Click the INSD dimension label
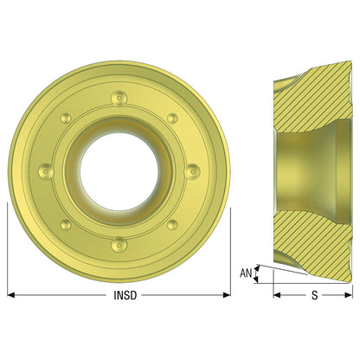click(125, 295)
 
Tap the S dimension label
click(314, 295)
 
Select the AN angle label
click(246, 273)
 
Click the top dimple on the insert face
click(119, 98)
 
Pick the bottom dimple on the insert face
click(119, 244)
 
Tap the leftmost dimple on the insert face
click(46, 171)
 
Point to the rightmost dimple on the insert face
click(192, 171)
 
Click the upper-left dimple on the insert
click(66, 119)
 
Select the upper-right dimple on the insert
click(172, 119)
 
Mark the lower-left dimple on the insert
click(66, 225)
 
